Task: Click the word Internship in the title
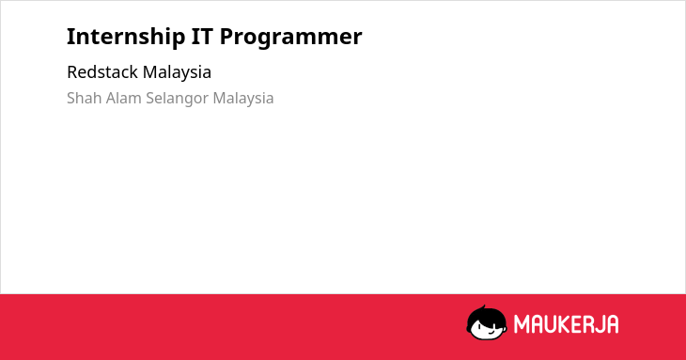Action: click(x=126, y=37)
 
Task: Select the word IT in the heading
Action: click(x=203, y=36)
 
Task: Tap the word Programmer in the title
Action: click(x=291, y=38)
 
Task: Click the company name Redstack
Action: click(x=101, y=71)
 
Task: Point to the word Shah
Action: click(x=85, y=98)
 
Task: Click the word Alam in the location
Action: click(x=124, y=98)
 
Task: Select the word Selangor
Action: click(x=178, y=99)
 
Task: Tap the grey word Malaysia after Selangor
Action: click(x=243, y=99)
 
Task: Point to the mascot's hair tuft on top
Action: click(x=484, y=307)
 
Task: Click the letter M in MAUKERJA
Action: click(x=522, y=324)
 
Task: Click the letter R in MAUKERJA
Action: click(x=589, y=324)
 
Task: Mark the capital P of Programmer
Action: click(x=226, y=37)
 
